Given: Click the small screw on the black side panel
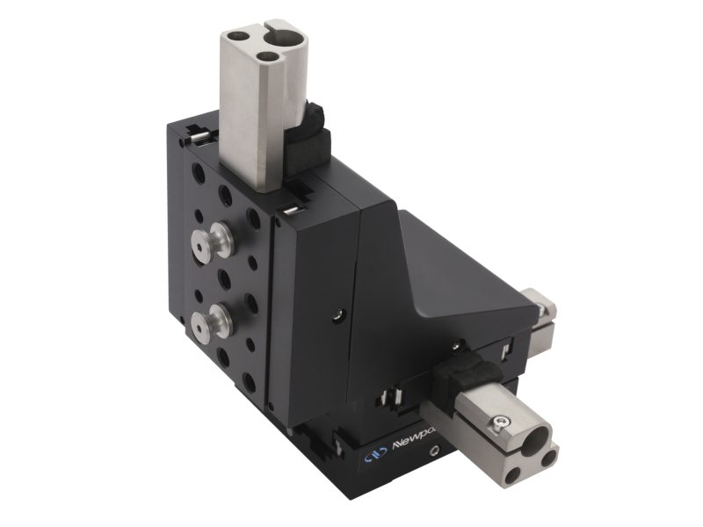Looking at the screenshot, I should (337, 313).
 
